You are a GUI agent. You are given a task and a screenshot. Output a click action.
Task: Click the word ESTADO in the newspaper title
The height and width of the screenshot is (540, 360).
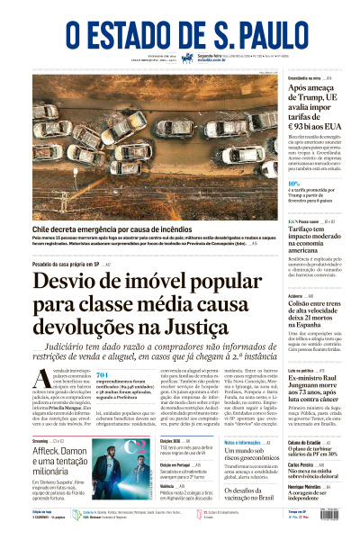click(x=129, y=31)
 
